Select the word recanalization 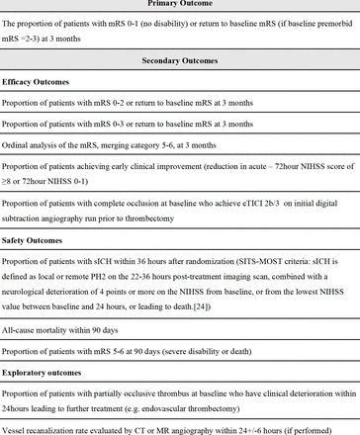67,428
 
